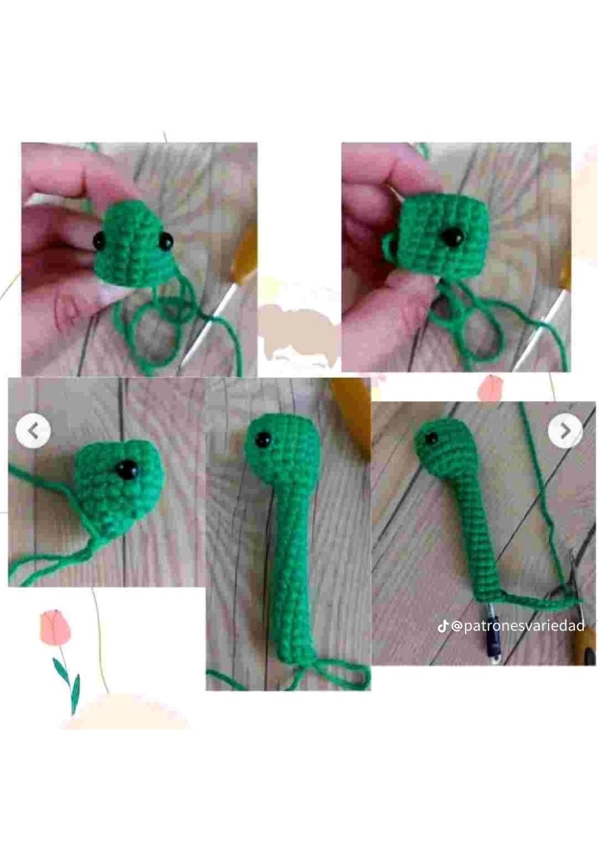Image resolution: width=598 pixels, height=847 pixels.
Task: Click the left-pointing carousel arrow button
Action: tap(33, 431)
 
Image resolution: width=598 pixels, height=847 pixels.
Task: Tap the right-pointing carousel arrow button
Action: tap(565, 430)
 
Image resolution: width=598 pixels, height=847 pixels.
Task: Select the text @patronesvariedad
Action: tap(517, 625)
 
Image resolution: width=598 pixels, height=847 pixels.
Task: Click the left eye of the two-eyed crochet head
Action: tap(100, 240)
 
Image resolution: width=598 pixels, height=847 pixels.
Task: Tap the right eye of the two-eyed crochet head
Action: tap(165, 241)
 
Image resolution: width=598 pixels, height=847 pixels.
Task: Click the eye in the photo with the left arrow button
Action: tap(128, 469)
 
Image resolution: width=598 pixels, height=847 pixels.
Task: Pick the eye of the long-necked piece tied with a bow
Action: tap(262, 439)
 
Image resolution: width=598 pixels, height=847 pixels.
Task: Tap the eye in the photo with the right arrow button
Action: tap(431, 438)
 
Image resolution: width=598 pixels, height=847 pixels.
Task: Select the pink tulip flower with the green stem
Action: tap(55, 628)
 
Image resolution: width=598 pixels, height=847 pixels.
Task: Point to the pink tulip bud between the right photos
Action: tap(492, 388)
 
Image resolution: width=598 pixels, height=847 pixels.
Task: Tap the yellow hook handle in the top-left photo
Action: tap(246, 253)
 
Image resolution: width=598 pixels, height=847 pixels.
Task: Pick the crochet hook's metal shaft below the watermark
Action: tap(492, 644)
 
